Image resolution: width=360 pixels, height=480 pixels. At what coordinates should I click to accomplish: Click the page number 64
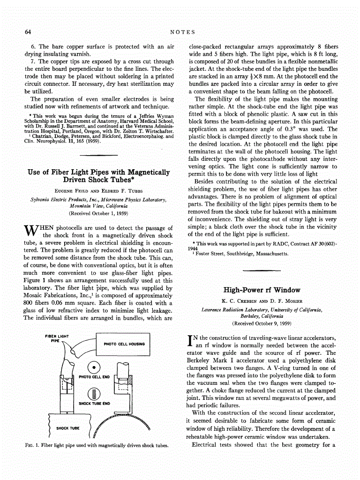pyautogui.click(x=28, y=32)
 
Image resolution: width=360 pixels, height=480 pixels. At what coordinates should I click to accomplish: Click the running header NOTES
pyautogui.click(x=182, y=32)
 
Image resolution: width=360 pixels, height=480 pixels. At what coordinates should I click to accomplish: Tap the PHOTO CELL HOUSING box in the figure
pyautogui.click(x=124, y=344)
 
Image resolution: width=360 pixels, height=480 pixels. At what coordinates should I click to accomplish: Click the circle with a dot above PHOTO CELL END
pyautogui.click(x=94, y=367)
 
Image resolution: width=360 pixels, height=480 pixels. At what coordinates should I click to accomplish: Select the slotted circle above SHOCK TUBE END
pyautogui.click(x=94, y=393)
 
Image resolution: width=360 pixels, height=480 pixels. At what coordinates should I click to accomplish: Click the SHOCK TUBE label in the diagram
pyautogui.click(x=67, y=428)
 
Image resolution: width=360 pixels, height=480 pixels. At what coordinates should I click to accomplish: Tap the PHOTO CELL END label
pyautogui.click(x=94, y=377)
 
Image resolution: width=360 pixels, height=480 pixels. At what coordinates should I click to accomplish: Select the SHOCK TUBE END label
pyautogui.click(x=94, y=403)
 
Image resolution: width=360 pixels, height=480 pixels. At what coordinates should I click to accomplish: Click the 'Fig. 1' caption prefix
pyautogui.click(x=31, y=445)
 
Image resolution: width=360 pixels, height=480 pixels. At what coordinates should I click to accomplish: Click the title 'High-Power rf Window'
pyautogui.click(x=262, y=290)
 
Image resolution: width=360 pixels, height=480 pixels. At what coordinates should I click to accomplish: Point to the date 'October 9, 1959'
pyautogui.click(x=271, y=323)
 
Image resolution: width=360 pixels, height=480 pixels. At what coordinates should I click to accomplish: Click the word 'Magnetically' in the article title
pyautogui.click(x=146, y=172)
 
